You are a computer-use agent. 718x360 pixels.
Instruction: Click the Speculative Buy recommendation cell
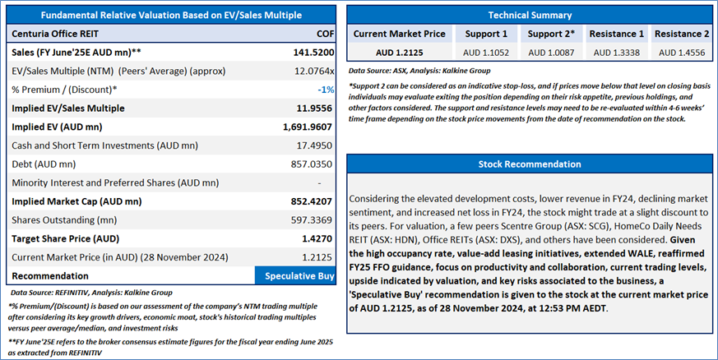295,276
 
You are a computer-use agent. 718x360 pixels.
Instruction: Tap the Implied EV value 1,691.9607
308,127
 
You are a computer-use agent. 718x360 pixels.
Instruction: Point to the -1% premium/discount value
326,90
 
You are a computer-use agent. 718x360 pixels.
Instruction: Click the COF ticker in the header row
325,34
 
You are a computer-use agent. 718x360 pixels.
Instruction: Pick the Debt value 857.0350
312,164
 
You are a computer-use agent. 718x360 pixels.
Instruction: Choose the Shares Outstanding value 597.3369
312,220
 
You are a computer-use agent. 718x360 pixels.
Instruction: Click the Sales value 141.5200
313,53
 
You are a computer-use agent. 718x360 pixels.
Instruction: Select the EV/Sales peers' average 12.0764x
314,72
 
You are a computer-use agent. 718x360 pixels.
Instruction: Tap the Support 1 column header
486,34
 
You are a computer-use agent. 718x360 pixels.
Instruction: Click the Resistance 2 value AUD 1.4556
682,53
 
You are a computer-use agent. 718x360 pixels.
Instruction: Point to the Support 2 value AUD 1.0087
551,53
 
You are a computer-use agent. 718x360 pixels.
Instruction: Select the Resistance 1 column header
616,34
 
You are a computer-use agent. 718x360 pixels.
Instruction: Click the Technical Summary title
530,15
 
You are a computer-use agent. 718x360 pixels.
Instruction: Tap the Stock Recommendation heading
530,164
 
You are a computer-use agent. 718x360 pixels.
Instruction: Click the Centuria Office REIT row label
55,34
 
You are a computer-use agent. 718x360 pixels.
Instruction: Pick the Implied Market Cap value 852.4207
312,201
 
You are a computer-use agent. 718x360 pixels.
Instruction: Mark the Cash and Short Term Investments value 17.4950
314,146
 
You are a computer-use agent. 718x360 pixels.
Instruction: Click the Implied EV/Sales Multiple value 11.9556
314,108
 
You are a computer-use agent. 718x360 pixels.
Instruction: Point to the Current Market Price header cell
399,34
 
